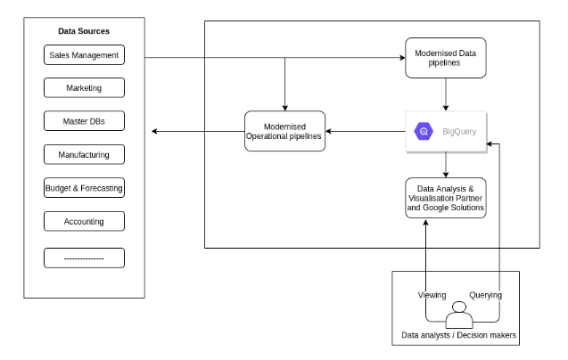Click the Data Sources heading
[x=84, y=31]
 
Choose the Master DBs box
[x=84, y=122]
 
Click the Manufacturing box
[x=84, y=155]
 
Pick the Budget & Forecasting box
[x=84, y=188]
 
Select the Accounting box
[x=84, y=221]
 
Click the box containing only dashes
[x=84, y=258]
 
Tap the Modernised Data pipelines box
[x=446, y=56]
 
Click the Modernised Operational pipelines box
[x=284, y=132]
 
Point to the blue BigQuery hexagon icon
[x=423, y=132]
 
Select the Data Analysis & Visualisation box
[x=446, y=199]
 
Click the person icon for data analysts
[x=460, y=316]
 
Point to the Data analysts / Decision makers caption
[x=459, y=335]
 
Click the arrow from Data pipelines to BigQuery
[x=446, y=93]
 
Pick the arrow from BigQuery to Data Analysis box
[x=446, y=165]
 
